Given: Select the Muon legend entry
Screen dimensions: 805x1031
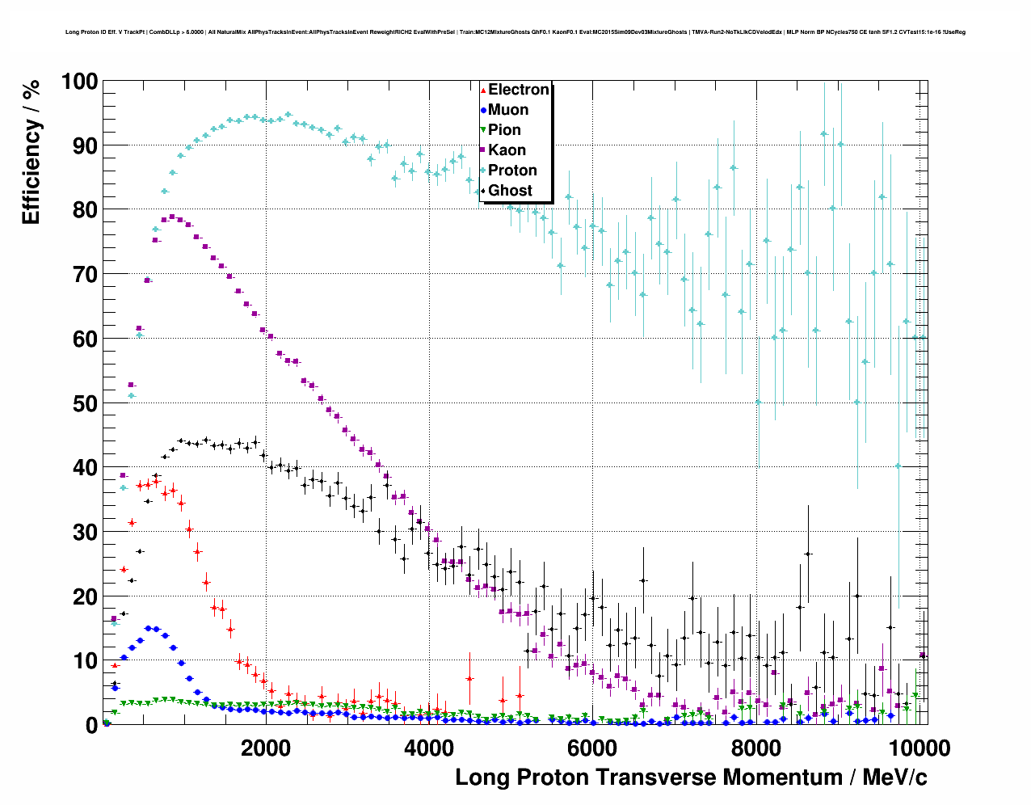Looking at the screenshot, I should coord(508,110).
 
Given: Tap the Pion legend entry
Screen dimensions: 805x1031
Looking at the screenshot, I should coord(504,130).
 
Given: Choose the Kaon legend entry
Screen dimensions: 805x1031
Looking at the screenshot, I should coord(507,150).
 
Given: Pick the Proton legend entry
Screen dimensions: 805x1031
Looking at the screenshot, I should coord(512,171).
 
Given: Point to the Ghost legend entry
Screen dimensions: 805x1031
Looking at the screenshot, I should coord(510,191).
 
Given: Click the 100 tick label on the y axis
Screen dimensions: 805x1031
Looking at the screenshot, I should coord(79,82).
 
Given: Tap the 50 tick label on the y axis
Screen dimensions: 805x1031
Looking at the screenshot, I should coord(85,403).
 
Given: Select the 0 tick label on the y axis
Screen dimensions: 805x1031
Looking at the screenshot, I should coord(91,725).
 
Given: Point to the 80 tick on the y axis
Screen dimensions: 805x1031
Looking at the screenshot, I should coord(85,210).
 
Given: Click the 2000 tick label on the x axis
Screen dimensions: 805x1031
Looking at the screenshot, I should coord(266,748).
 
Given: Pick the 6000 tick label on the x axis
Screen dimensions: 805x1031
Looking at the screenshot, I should coord(592,748).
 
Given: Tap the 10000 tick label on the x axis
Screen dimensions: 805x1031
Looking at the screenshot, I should coord(918,748).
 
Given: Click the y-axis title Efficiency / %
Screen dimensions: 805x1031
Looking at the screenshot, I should coord(32,152).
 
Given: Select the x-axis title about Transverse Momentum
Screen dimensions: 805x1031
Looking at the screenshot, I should coord(691,778).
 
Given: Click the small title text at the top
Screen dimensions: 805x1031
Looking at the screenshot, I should coord(515,32).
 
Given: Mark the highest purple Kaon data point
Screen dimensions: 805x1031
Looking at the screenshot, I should coord(171,217).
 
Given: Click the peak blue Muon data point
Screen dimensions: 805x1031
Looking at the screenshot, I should coord(148,628).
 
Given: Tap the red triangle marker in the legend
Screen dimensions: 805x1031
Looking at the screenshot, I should coord(483,90).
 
